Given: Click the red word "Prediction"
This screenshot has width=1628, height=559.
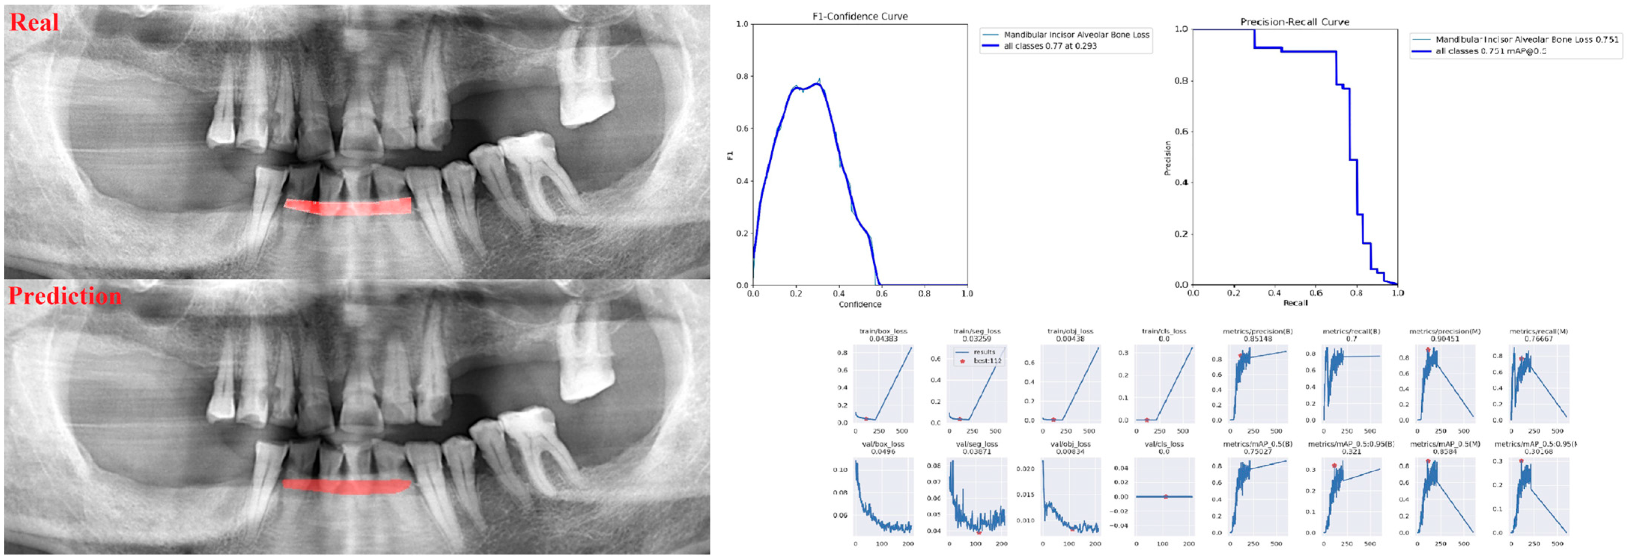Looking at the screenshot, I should [x=64, y=296].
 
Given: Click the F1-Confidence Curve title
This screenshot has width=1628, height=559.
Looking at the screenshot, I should [x=860, y=16].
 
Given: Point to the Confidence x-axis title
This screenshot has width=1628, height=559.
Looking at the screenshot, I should [x=860, y=304].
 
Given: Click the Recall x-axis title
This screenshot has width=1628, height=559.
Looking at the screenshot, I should [x=1295, y=303].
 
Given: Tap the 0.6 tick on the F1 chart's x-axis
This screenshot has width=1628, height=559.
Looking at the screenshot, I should [x=882, y=294].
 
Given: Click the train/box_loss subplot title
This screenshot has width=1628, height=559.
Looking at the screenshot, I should [x=883, y=331].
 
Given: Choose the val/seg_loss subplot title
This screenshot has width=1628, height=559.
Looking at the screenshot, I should [x=977, y=444].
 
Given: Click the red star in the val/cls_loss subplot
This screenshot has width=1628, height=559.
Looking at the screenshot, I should [x=1165, y=496].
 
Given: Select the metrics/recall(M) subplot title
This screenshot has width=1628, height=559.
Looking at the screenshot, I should [x=1538, y=331].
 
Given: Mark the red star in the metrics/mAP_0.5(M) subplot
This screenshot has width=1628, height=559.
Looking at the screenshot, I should [x=1428, y=461].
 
